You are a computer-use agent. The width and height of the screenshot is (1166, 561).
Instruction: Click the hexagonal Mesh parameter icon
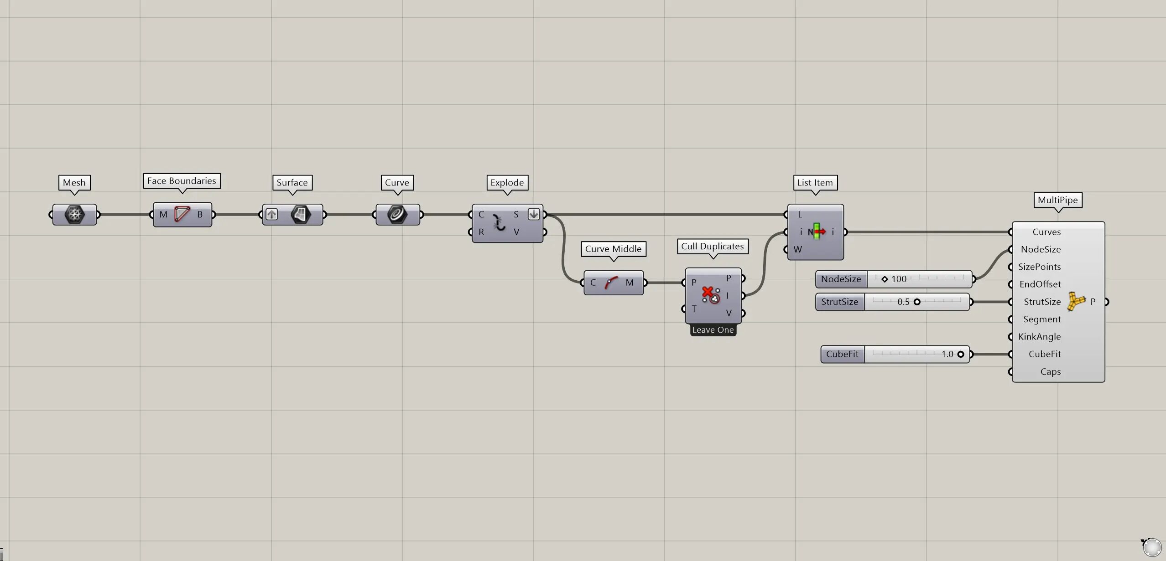(74, 214)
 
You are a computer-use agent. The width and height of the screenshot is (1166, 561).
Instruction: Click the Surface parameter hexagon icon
(301, 214)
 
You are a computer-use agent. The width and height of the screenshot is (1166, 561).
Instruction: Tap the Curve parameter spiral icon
(397, 214)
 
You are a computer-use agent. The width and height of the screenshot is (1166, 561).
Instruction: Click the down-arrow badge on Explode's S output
(534, 214)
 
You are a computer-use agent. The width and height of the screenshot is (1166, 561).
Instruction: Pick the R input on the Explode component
(481, 232)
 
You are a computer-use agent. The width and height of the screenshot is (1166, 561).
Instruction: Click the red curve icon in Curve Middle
(611, 283)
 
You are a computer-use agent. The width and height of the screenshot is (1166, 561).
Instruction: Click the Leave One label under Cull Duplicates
(713, 330)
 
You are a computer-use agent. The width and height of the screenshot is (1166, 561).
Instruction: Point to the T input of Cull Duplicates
(694, 309)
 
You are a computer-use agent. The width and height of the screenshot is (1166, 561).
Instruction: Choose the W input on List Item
(797, 249)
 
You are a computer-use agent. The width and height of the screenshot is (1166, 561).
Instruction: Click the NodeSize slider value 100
(899, 279)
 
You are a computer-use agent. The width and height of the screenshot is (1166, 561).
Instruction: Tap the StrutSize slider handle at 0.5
(917, 302)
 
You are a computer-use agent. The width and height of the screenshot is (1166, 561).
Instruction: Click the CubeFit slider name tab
(842, 354)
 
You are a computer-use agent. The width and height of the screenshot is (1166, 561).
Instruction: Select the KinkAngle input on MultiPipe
(1040, 337)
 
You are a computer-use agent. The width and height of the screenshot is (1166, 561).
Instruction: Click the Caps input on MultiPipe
(1051, 371)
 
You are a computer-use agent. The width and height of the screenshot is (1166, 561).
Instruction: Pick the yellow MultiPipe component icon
(1076, 302)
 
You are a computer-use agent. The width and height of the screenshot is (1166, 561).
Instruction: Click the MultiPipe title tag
(1057, 200)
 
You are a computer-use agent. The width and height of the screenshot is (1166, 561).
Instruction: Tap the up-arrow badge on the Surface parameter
(271, 214)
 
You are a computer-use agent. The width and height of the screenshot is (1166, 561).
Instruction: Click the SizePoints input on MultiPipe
(1039, 267)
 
